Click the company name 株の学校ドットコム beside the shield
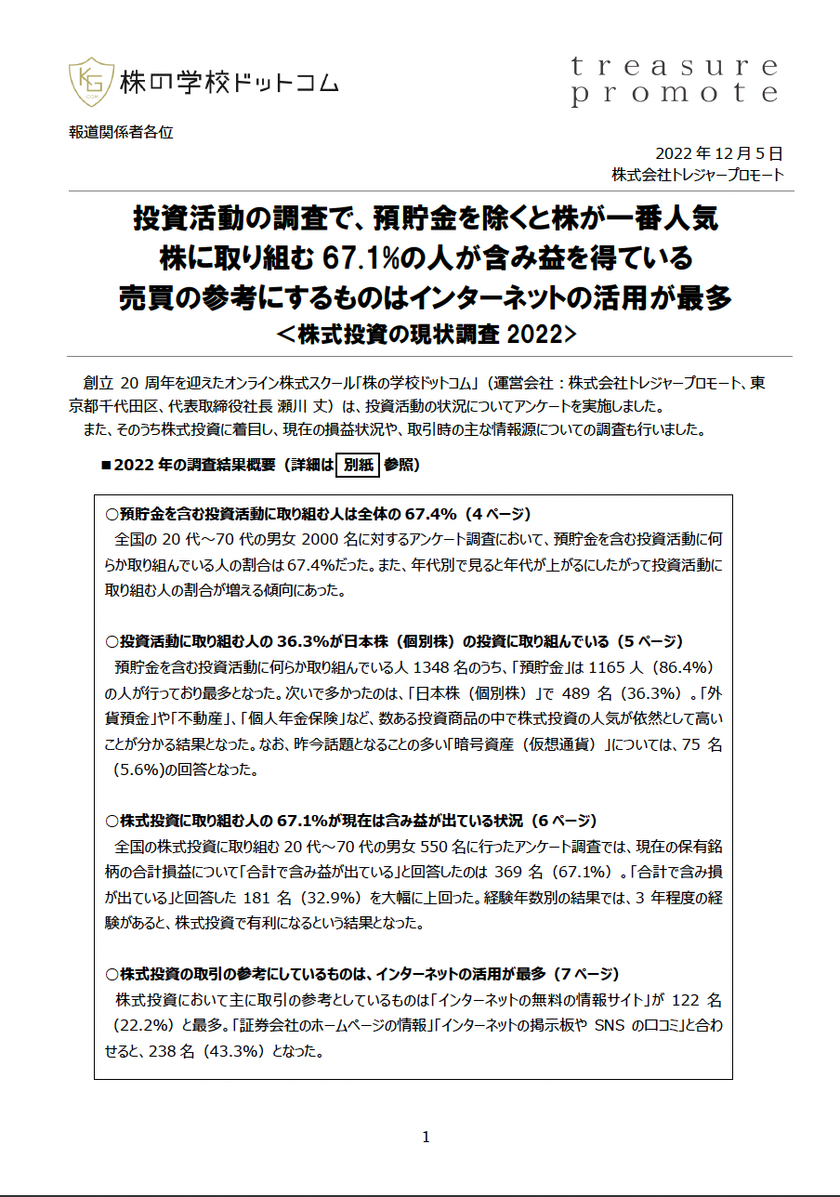tap(229, 83)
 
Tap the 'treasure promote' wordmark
tap(674, 80)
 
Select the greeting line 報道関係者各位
tap(121, 132)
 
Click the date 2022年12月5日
tap(719, 153)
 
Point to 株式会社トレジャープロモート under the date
tap(697, 175)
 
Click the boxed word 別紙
tap(357, 465)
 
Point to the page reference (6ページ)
tap(561, 821)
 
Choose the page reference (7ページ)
tap(584, 974)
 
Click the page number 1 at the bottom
tap(426, 1137)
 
